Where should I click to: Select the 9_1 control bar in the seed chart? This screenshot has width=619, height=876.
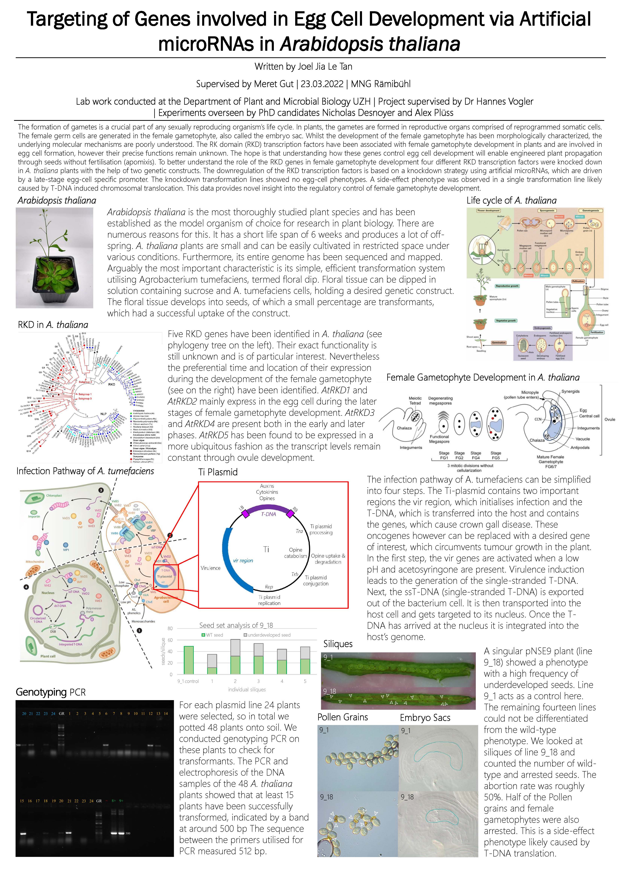188,660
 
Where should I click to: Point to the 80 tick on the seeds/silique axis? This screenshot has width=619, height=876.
170,628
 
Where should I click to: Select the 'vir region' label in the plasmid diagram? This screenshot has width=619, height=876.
243,560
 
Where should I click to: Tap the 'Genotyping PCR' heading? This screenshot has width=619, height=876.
51,692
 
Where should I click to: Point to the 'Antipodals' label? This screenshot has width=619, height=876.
580,447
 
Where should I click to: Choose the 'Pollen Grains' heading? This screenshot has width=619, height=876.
343,717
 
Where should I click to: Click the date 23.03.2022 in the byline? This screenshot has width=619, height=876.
322,84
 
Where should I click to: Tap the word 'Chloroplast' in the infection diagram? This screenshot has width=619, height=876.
54,496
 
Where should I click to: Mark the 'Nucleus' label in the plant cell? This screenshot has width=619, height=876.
48,593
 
